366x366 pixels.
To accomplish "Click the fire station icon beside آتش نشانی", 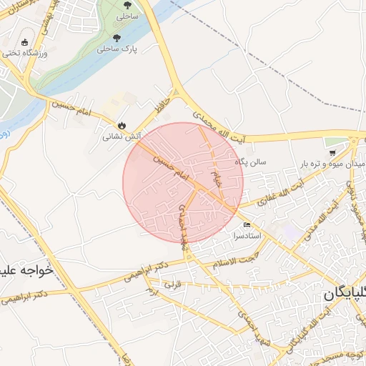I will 122,124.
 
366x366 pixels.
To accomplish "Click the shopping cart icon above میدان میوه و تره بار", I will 332,153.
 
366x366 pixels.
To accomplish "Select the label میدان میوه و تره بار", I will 332,164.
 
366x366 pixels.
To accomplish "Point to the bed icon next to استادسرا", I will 247,224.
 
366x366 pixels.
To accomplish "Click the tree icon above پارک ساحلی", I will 117,38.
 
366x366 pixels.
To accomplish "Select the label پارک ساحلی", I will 116,49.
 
